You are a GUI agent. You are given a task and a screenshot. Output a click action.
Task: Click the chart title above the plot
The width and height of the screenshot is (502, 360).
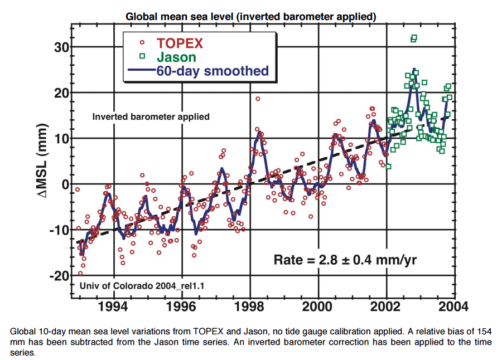point(251,16)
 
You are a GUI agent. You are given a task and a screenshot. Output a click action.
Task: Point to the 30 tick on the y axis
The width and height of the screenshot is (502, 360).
point(61,47)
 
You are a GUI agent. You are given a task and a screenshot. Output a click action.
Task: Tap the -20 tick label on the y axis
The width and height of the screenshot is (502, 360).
point(57,275)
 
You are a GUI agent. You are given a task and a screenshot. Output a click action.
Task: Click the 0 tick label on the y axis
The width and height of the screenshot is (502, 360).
point(64,184)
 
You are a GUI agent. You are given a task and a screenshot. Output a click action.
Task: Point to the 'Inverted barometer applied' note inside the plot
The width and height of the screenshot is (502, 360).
point(151,116)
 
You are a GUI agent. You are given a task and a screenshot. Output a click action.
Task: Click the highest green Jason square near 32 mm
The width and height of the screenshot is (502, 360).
point(414,38)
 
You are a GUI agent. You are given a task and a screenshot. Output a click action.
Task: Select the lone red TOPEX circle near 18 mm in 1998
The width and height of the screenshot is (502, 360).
point(258,99)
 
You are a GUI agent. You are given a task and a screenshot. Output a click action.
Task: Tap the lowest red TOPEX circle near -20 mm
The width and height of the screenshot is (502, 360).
point(80,273)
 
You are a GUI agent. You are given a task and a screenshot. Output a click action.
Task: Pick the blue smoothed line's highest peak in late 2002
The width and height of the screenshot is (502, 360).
point(414,70)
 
